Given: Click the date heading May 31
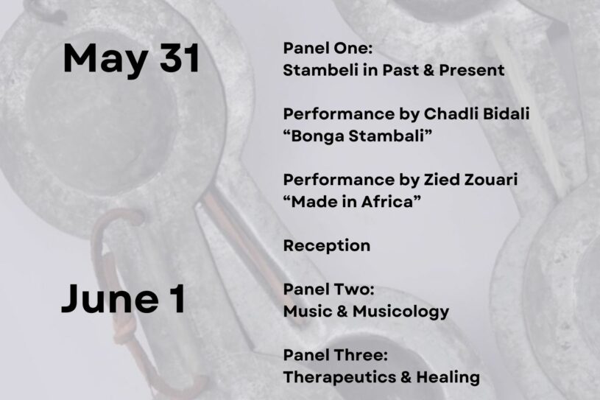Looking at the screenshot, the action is [x=131, y=59].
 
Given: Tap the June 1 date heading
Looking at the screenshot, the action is [x=124, y=298].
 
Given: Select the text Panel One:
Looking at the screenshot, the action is [x=328, y=48].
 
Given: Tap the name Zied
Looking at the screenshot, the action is [x=441, y=180].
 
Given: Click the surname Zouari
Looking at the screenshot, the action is [x=490, y=180].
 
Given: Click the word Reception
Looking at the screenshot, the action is [x=327, y=246].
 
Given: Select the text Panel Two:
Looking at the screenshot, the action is [x=328, y=289].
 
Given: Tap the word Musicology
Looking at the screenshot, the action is [x=400, y=312].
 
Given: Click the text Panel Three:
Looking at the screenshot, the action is [x=336, y=355].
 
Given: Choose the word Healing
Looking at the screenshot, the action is [x=448, y=377].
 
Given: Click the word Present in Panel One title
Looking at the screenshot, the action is [x=471, y=70].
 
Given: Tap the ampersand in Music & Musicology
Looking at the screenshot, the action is [x=342, y=312].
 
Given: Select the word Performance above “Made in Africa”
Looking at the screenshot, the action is [x=339, y=180].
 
